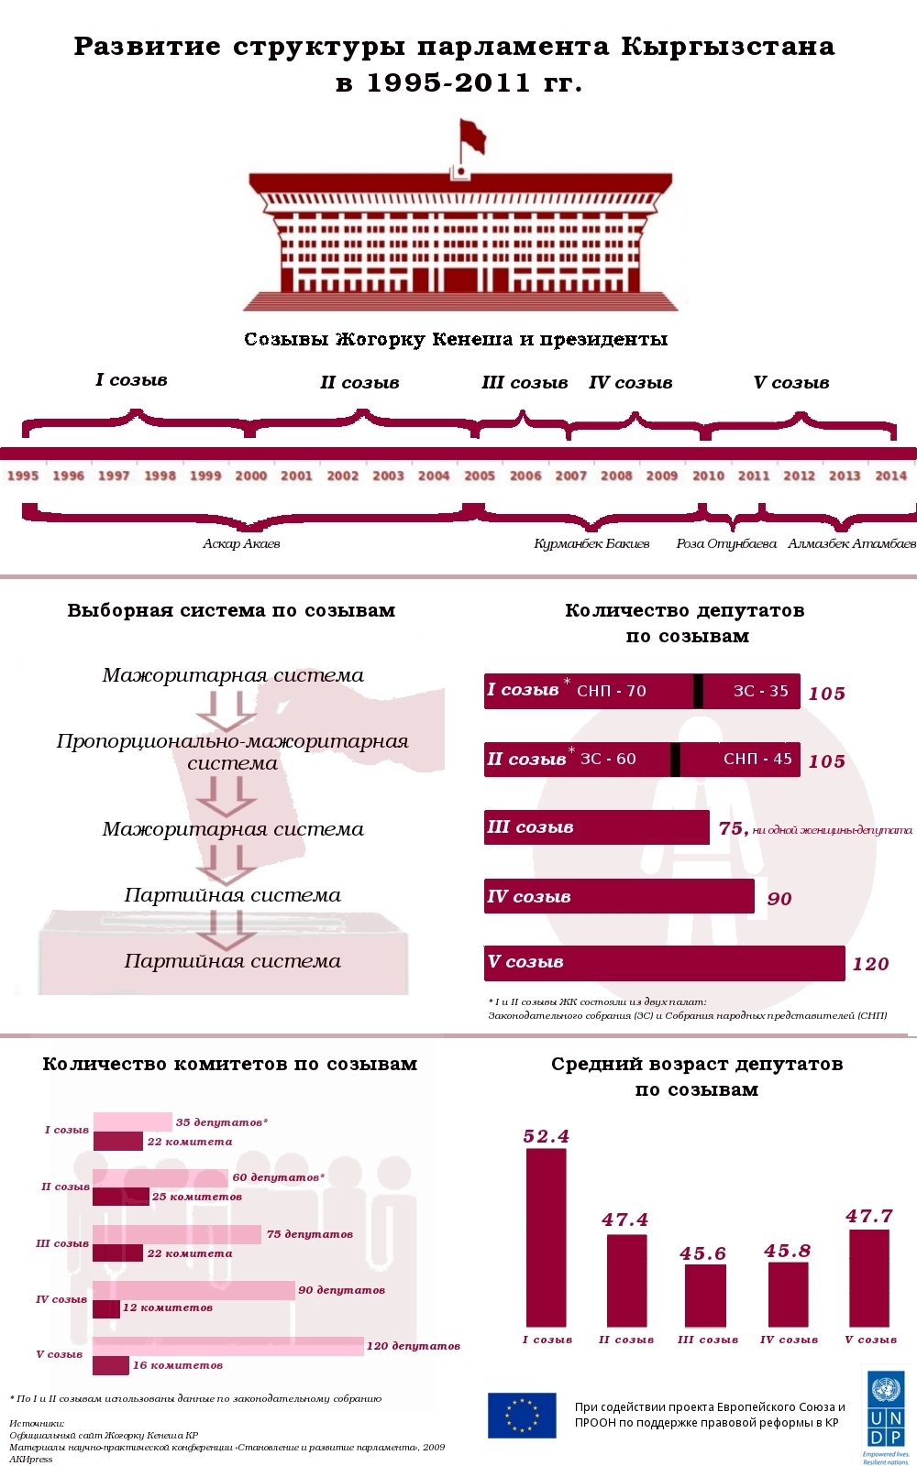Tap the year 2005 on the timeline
(480, 476)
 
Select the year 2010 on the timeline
(708, 476)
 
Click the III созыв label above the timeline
(525, 383)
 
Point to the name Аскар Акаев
(241, 543)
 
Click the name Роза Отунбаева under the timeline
(726, 543)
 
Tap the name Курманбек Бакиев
(591, 543)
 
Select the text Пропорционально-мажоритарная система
(232, 751)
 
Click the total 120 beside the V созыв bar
(870, 964)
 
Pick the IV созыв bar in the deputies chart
(619, 896)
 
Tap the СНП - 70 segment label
(612, 691)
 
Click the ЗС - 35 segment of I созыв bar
(760, 691)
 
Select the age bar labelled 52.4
(547, 1237)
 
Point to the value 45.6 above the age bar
(703, 1253)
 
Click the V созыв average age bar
(869, 1278)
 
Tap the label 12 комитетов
(168, 1307)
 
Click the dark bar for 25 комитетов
(120, 1197)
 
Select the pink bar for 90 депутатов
(193, 1290)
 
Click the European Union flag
(522, 1415)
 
